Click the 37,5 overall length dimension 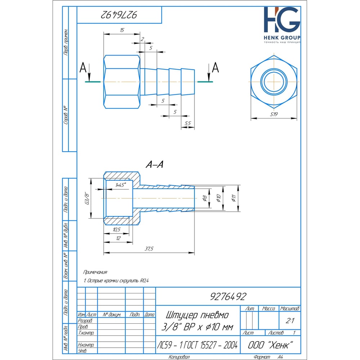149,249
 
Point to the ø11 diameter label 234,198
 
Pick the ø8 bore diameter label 204,198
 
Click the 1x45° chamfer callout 120,185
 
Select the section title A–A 154,165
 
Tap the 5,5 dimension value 187,123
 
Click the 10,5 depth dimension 117,229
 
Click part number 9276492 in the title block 228,296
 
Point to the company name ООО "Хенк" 270,345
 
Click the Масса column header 269,309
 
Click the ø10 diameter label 218,198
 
